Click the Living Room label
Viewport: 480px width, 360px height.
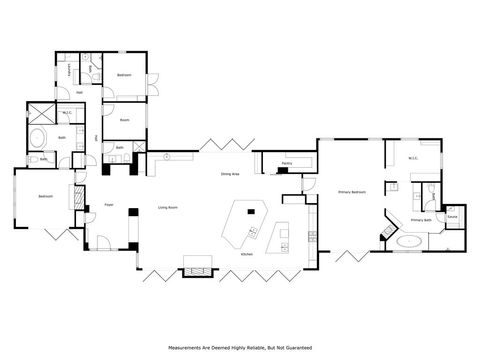pyautogui.click(x=167, y=207)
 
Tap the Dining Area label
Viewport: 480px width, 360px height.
pyautogui.click(x=229, y=175)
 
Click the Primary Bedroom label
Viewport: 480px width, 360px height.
pyautogui.click(x=351, y=190)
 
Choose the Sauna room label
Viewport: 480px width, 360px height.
pyautogui.click(x=452, y=216)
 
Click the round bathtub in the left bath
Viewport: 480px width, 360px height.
pyautogui.click(x=39, y=137)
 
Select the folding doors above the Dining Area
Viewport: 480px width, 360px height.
pyautogui.click(x=218, y=143)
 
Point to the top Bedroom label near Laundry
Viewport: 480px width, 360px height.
pyautogui.click(x=124, y=75)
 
